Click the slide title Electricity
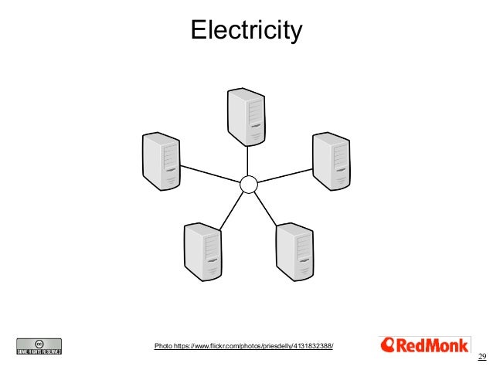246,31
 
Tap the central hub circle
248,184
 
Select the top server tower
247,116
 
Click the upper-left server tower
161,161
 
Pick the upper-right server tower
332,161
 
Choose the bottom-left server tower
203,251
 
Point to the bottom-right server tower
296,251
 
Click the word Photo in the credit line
163,345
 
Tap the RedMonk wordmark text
433,345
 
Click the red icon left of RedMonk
389,345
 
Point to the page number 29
482,356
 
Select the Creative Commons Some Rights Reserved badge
39,346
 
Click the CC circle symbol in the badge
39,342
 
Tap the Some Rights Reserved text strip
39,351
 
